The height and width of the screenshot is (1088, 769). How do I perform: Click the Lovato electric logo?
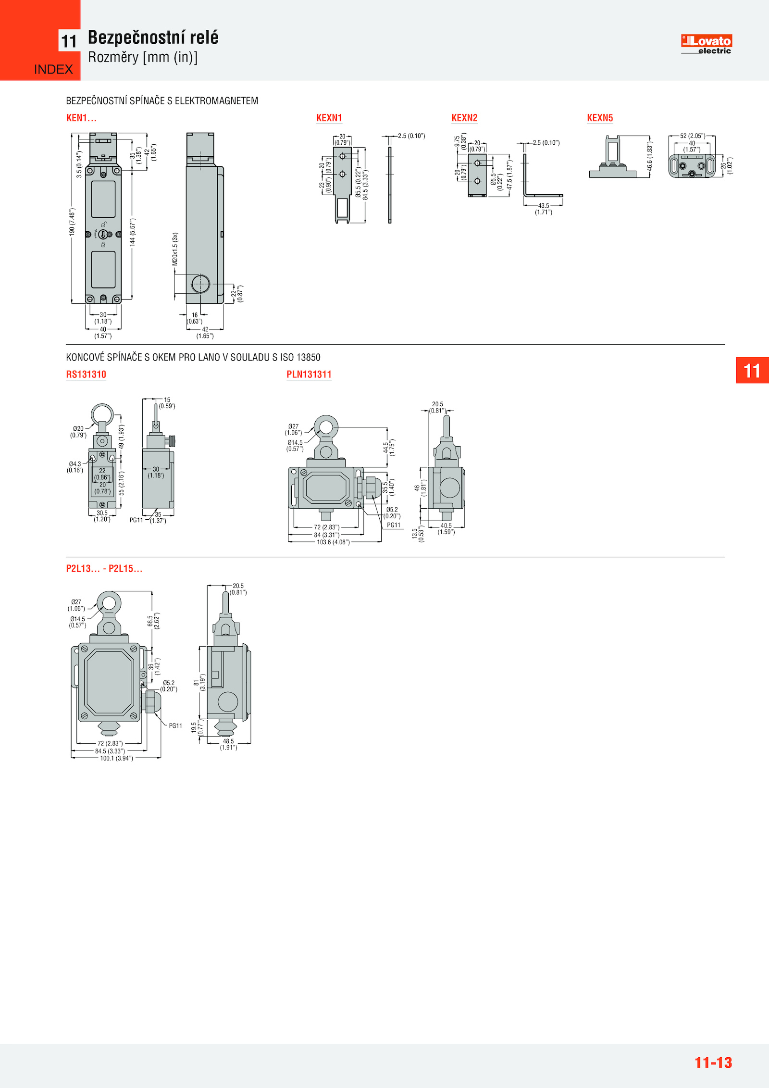click(x=706, y=44)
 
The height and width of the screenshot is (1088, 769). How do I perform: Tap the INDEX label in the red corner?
click(x=53, y=70)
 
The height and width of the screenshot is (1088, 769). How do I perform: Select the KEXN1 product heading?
click(x=329, y=118)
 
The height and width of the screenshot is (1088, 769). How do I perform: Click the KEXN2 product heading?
click(x=464, y=118)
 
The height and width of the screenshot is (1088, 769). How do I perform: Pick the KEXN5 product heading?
click(x=600, y=118)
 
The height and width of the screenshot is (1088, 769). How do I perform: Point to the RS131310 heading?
click(x=86, y=375)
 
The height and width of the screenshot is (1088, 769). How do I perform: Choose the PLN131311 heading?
click(x=309, y=375)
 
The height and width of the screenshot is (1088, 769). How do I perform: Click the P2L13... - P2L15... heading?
click(x=104, y=568)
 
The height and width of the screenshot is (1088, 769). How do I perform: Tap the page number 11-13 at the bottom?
click(x=713, y=1063)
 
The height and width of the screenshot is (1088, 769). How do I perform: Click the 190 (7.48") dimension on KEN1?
click(x=72, y=222)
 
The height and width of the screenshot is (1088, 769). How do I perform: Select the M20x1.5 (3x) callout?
click(x=175, y=249)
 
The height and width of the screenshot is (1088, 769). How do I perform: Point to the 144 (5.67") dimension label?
click(x=133, y=232)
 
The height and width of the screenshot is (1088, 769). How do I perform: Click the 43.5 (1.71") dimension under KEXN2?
click(x=544, y=209)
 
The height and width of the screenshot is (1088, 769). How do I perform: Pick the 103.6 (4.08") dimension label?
click(x=333, y=542)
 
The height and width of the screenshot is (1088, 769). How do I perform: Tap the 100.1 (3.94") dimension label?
click(x=116, y=758)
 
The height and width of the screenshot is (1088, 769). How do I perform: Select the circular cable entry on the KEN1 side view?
click(x=200, y=284)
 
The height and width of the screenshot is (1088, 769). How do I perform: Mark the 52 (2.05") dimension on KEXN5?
click(x=692, y=136)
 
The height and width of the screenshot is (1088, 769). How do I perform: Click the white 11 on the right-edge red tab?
click(x=752, y=371)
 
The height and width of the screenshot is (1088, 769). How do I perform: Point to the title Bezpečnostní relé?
click(x=153, y=38)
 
